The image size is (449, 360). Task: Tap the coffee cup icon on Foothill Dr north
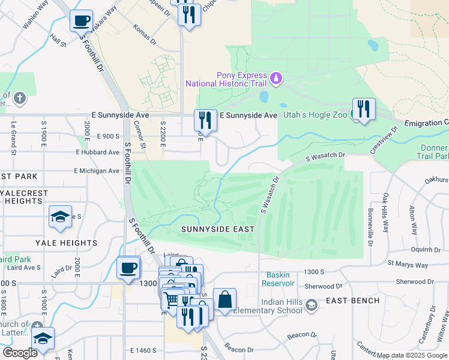click(x=81, y=21)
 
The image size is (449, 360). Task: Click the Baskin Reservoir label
click(x=278, y=279)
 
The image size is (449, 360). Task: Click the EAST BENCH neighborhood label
click(x=352, y=301)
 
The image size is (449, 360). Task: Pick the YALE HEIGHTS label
click(x=66, y=243)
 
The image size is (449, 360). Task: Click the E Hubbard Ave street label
click(x=97, y=153)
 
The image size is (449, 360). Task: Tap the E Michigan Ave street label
click(x=97, y=171)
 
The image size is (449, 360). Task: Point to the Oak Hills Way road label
click(x=386, y=208)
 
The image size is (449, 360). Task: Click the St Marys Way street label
click(x=408, y=264)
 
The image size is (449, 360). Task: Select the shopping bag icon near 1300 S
click(x=224, y=300)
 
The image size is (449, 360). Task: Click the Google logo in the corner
click(x=20, y=353)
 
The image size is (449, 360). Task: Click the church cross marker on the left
click(x=19, y=98)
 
